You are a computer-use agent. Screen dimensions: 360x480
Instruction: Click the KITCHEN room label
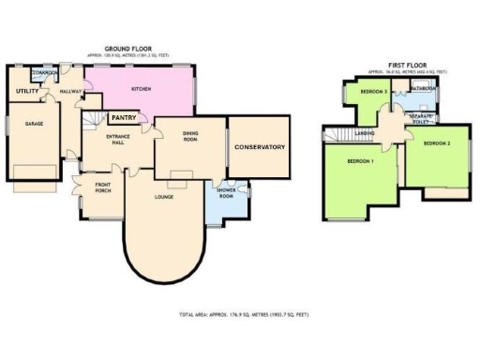pos(142,89)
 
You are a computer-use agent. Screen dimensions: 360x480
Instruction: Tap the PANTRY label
pos(126,118)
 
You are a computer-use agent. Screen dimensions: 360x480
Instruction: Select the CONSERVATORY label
pos(260,147)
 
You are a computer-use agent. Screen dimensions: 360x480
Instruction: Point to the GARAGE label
pos(35,123)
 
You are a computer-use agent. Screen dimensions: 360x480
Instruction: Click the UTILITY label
pos(26,91)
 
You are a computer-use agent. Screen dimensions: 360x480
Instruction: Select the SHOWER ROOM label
pos(225,186)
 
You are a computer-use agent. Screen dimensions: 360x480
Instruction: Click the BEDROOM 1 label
pos(361,161)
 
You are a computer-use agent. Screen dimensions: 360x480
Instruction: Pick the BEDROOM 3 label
pos(374,90)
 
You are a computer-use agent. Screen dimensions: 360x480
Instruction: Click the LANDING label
pos(366,133)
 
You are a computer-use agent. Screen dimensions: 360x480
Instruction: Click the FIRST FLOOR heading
pos(405,65)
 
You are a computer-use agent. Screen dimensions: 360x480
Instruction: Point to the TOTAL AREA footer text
pos(243,315)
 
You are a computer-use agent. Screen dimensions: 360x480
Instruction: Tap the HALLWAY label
pos(70,91)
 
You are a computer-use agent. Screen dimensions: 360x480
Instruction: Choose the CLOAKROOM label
pos(46,72)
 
